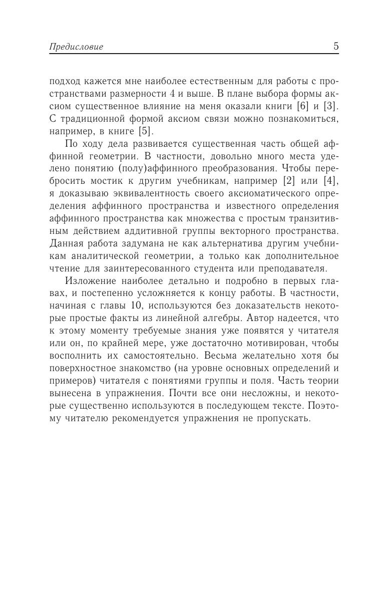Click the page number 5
[335, 47]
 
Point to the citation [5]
[145, 132]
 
